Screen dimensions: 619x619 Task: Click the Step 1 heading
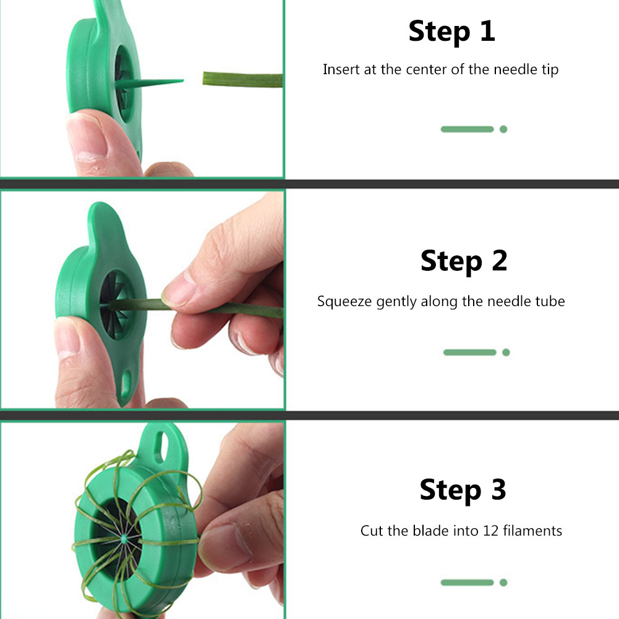pos(451,31)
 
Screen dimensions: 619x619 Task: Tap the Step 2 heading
pos(463,261)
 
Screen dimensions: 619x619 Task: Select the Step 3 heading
pos(463,490)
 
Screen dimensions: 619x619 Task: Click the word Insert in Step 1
pos(338,69)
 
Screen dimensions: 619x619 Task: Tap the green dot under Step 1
pos(503,129)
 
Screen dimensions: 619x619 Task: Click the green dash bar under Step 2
pos(470,352)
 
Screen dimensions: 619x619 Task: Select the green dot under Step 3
pos(503,583)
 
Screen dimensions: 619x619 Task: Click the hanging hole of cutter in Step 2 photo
pos(128,378)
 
